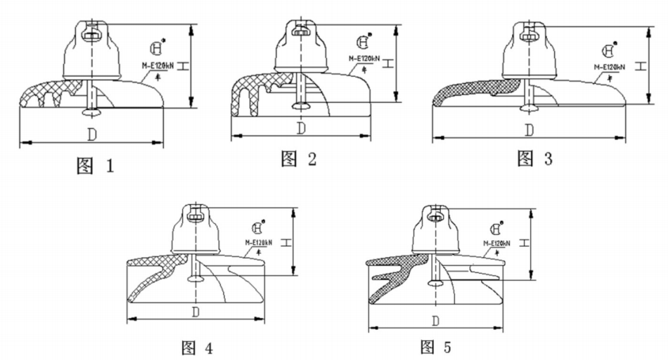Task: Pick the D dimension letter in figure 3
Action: click(x=529, y=129)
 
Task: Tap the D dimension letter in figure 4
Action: click(x=195, y=311)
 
